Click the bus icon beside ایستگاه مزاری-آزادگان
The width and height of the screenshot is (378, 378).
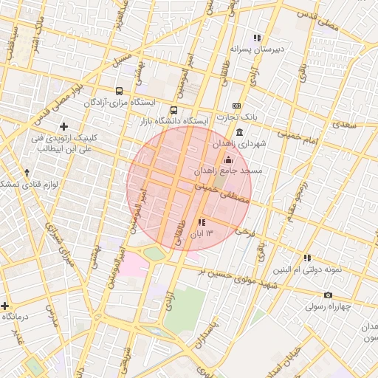click(x=119, y=92)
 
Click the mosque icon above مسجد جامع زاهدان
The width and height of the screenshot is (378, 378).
click(x=227, y=159)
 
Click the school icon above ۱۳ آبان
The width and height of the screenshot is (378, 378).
click(x=202, y=222)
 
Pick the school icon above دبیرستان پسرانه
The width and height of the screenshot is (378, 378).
click(x=257, y=38)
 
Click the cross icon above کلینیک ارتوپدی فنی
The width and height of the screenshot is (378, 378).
click(x=64, y=127)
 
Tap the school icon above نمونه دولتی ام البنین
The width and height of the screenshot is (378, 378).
click(x=307, y=258)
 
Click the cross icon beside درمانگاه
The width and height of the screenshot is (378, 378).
click(x=5, y=305)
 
